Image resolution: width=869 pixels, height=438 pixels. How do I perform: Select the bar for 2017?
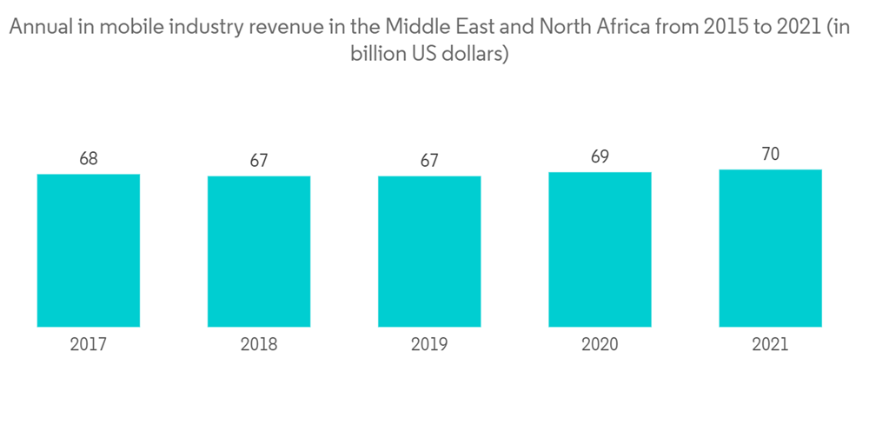[x=89, y=250]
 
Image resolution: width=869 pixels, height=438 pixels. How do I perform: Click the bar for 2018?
[x=259, y=251]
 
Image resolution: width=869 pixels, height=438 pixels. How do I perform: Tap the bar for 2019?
[x=429, y=251]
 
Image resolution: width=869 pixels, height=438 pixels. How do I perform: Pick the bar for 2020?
[x=600, y=249]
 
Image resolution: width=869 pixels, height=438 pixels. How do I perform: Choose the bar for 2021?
[x=770, y=248]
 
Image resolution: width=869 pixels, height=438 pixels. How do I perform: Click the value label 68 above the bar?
[x=89, y=159]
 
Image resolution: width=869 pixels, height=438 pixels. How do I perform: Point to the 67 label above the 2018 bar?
[x=259, y=161]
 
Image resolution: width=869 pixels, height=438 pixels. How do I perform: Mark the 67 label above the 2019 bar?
[x=429, y=161]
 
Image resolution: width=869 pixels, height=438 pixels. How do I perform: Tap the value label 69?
[x=600, y=157]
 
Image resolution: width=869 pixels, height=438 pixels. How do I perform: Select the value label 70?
[x=770, y=155]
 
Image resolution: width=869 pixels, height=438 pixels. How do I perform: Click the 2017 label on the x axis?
[x=89, y=345]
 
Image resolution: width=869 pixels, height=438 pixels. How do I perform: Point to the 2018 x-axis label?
[x=259, y=345]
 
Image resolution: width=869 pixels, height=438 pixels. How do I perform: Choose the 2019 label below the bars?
[x=429, y=345]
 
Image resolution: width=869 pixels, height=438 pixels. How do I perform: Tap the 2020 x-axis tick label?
[x=600, y=345]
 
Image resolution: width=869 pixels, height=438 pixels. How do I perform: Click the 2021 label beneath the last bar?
[x=770, y=345]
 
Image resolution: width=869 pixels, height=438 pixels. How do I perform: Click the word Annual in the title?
[x=36, y=29]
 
